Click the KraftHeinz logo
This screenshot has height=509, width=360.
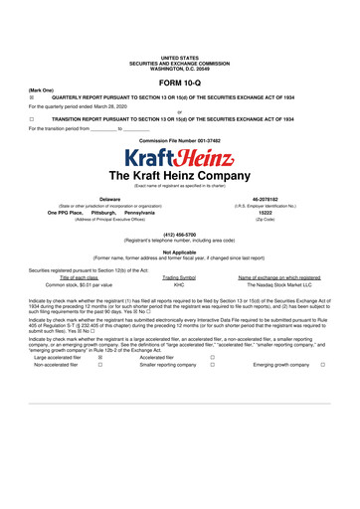[179, 159]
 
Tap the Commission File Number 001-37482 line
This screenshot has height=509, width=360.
[179, 141]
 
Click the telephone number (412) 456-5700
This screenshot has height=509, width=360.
[179, 237]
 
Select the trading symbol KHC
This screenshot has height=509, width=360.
[179, 283]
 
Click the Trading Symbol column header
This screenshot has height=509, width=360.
[179, 275]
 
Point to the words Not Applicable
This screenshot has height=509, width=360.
[179, 252]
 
